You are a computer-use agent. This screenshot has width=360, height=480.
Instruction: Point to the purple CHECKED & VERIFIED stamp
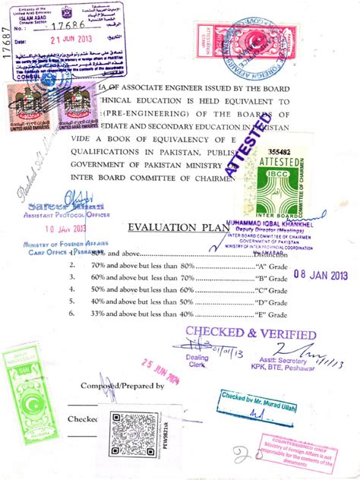pyautogui.click(x=251, y=334)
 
